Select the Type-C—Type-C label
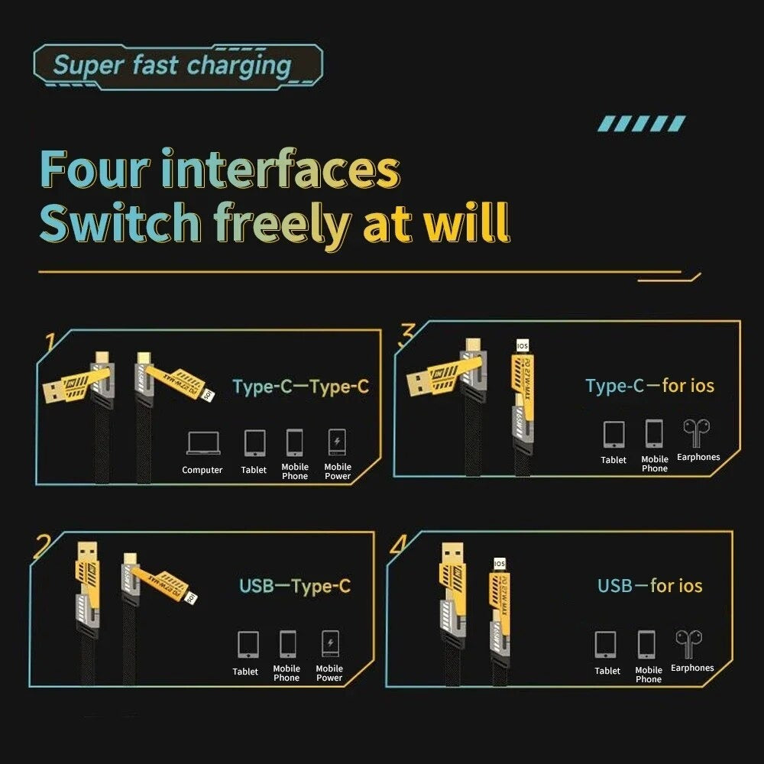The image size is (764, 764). (300, 387)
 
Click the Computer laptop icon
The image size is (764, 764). (202, 443)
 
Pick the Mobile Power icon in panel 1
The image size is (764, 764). (337, 442)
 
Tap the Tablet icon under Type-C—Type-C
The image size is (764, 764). (254, 442)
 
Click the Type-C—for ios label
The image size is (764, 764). (649, 386)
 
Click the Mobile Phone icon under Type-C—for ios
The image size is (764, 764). (654, 433)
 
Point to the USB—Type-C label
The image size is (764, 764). (295, 587)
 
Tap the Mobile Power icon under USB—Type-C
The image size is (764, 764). (329, 643)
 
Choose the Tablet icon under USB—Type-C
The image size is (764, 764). (248, 644)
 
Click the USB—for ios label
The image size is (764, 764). (649, 586)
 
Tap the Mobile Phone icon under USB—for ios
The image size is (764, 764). (647, 646)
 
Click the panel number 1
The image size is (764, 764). (50, 342)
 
